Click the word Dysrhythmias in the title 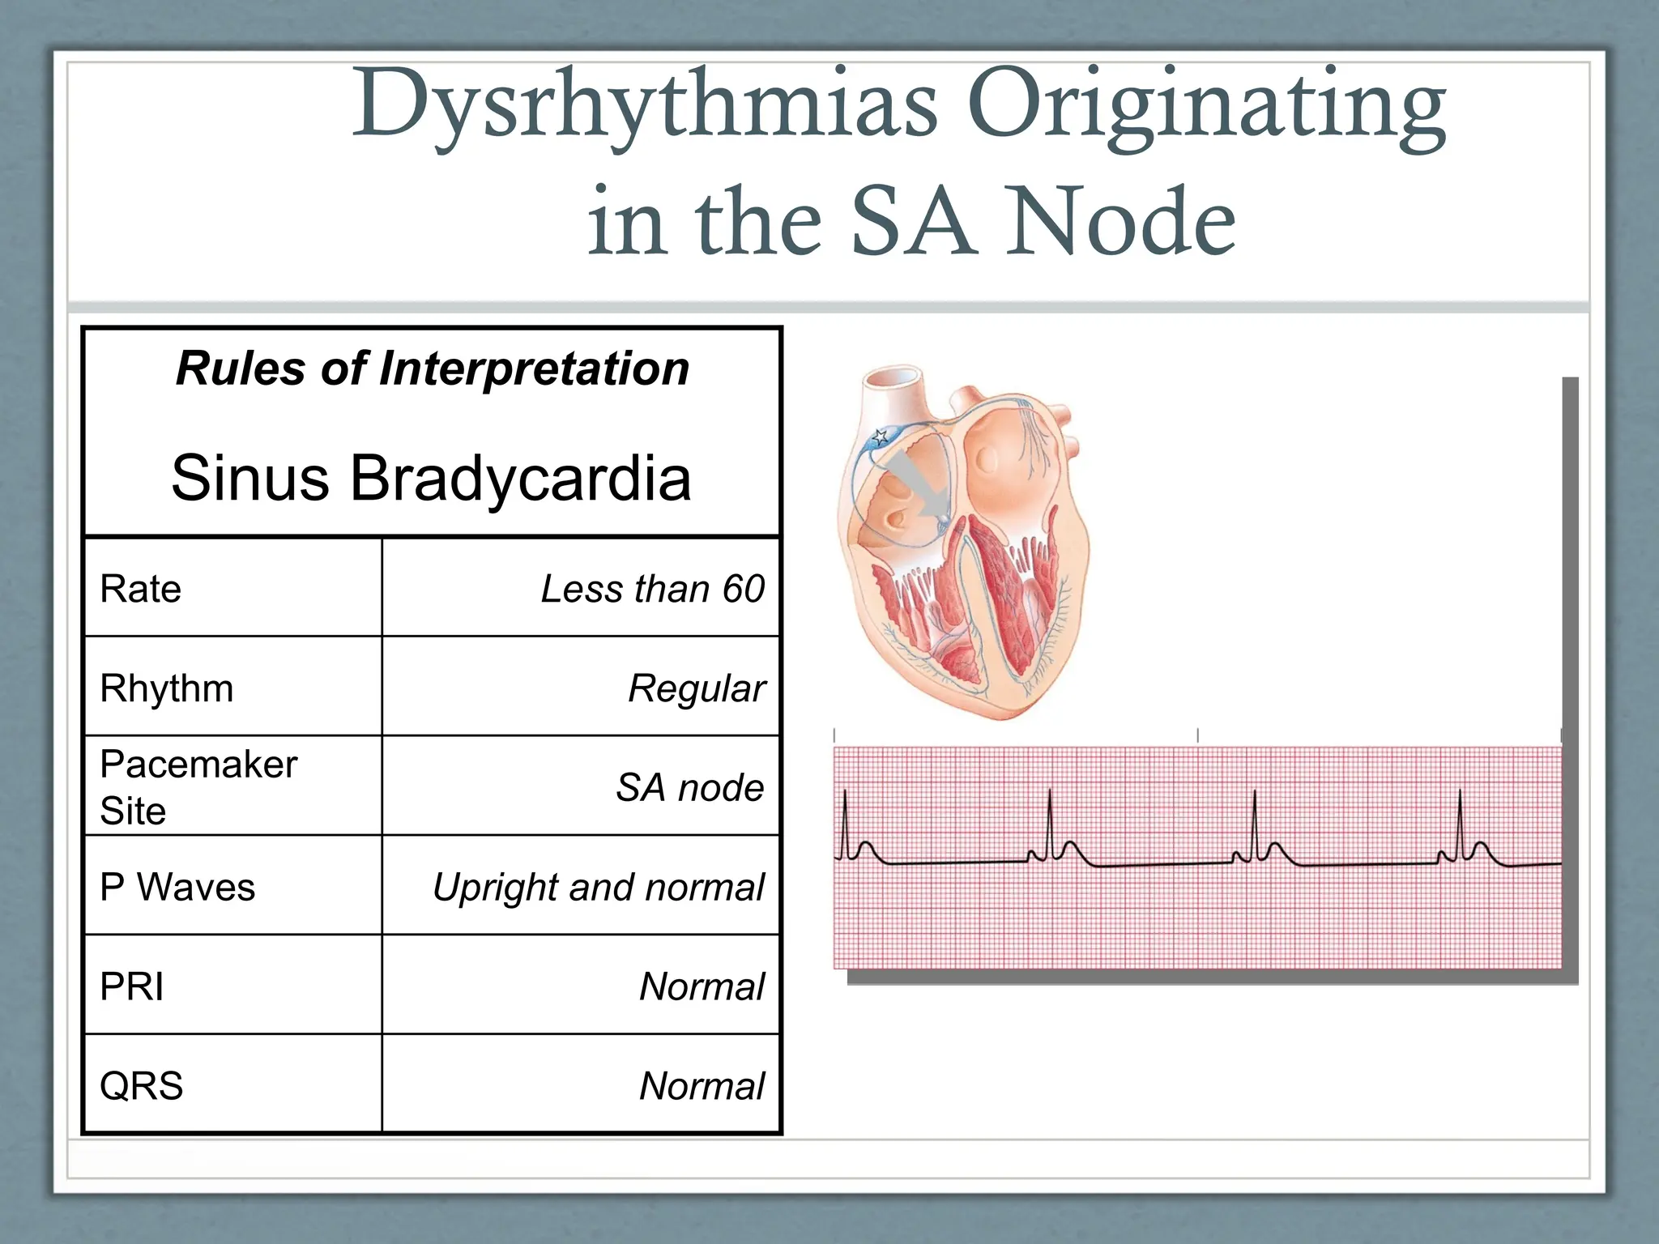tap(644, 105)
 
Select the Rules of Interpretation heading tap(433, 369)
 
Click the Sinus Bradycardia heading tap(431, 478)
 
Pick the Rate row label tap(140, 589)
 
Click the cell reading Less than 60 tap(652, 589)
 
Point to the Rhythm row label tap(166, 688)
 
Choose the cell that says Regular tap(696, 688)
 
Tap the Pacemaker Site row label tap(198, 786)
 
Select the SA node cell tap(689, 787)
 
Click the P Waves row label tap(177, 887)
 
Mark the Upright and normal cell tap(598, 887)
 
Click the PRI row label tap(131, 986)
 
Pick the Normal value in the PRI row tap(702, 986)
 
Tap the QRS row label tap(141, 1085)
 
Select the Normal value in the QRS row tap(702, 1086)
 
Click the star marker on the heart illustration tap(880, 438)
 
